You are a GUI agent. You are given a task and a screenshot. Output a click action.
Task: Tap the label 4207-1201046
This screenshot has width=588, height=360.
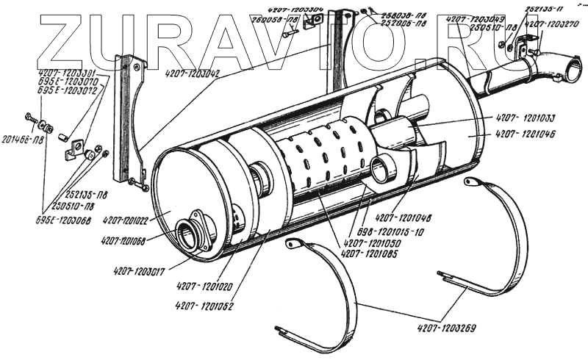pyautogui.click(x=526, y=134)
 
